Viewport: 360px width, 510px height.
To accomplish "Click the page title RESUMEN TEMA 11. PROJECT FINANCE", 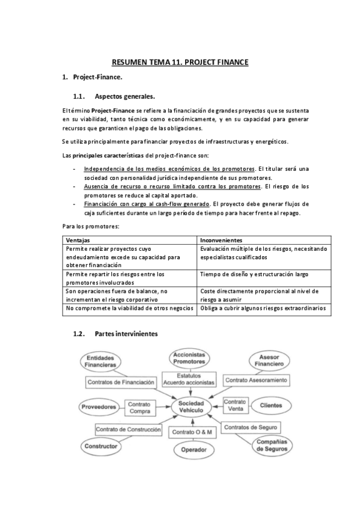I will tap(180, 62).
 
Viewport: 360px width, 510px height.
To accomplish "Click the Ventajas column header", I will tap(78, 239).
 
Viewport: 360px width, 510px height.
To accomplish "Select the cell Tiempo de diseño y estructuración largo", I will tap(254, 274).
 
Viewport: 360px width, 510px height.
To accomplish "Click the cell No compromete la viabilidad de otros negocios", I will tap(130, 308).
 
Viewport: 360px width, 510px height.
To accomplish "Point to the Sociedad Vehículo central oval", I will tap(191, 406).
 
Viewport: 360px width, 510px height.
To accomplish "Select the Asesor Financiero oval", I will tap(269, 360).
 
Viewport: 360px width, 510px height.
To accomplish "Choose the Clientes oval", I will tap(270, 405).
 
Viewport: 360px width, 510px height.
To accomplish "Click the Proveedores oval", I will tap(98, 407).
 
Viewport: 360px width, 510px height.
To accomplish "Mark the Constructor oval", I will tap(100, 446).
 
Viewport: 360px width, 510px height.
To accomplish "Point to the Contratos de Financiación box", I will tap(121, 381).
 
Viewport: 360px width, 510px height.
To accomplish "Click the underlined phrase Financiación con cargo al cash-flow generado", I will tap(147, 203).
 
